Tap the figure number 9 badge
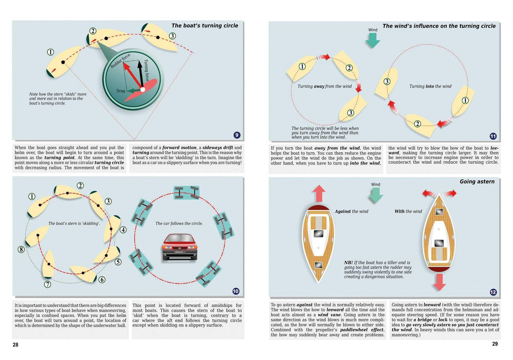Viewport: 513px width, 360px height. tap(237, 135)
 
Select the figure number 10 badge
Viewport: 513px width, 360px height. tap(236, 291)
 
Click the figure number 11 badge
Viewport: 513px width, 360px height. tap(492, 136)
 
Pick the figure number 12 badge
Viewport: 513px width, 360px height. tap(493, 292)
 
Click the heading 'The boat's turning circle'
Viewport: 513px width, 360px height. tap(205, 26)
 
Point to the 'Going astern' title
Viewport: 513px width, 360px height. tap(477, 182)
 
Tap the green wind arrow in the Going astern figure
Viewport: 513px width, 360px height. tap(375, 195)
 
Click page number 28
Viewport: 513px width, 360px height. tap(15, 345)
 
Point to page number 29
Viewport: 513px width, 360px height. tap(495, 344)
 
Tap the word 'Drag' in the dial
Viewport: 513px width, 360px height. tap(121, 91)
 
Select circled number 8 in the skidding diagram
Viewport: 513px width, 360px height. tap(21, 250)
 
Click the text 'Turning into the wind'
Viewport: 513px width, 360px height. tap(430, 86)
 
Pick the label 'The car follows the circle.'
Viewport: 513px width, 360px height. tap(179, 224)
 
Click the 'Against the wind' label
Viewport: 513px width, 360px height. tap(351, 211)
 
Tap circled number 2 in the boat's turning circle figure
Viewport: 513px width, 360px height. tap(93, 31)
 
